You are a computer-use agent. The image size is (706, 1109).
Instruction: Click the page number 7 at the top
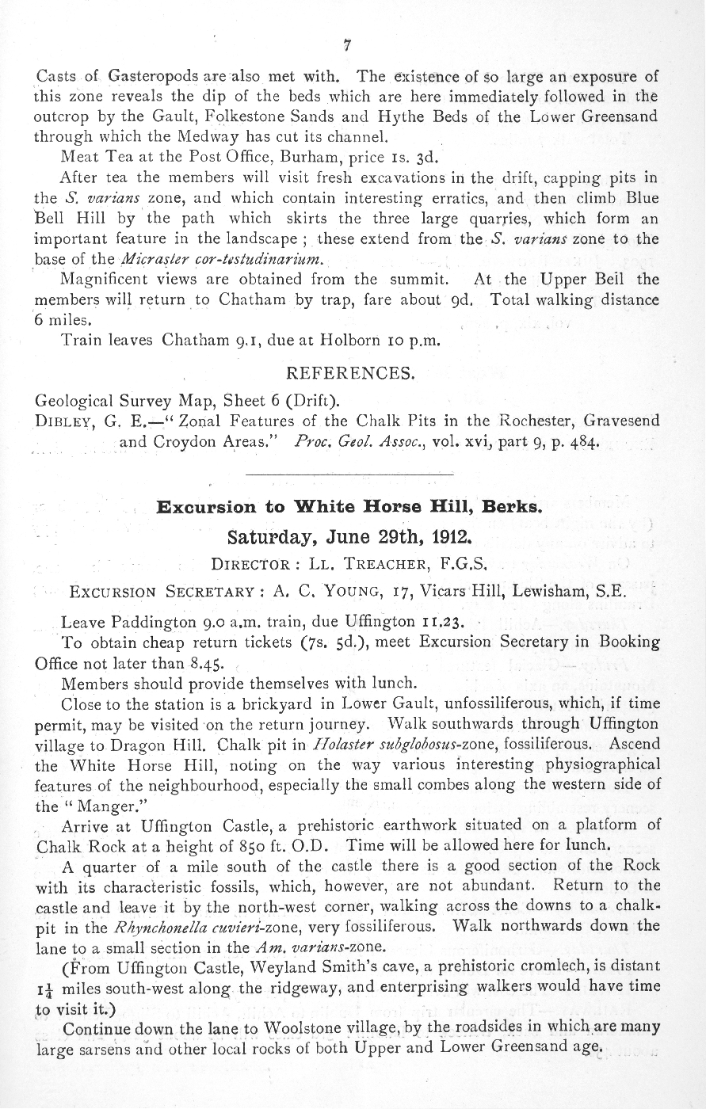point(346,45)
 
